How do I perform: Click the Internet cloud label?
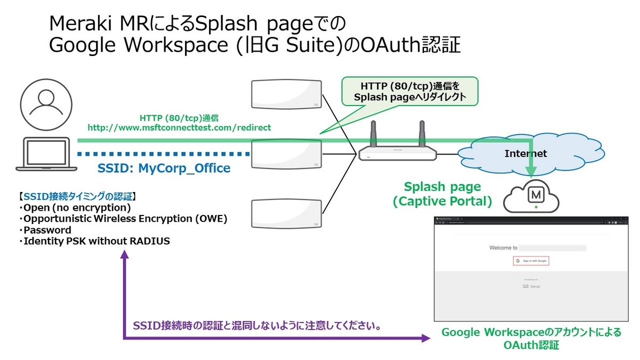(x=526, y=154)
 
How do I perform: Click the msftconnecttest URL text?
(x=179, y=127)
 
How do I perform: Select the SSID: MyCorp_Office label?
(x=164, y=169)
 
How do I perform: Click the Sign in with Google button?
(x=531, y=261)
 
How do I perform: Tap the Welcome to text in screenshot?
(x=503, y=248)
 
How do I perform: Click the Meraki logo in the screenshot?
(x=531, y=286)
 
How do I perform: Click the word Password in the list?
(x=47, y=230)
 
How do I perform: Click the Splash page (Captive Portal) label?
(x=442, y=194)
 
